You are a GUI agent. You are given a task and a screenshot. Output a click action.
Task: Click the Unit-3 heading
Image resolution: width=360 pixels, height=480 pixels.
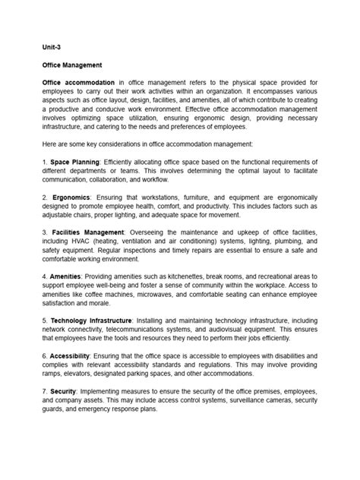52,46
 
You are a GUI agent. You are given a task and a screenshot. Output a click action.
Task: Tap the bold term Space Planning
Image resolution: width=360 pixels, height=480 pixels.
75,162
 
